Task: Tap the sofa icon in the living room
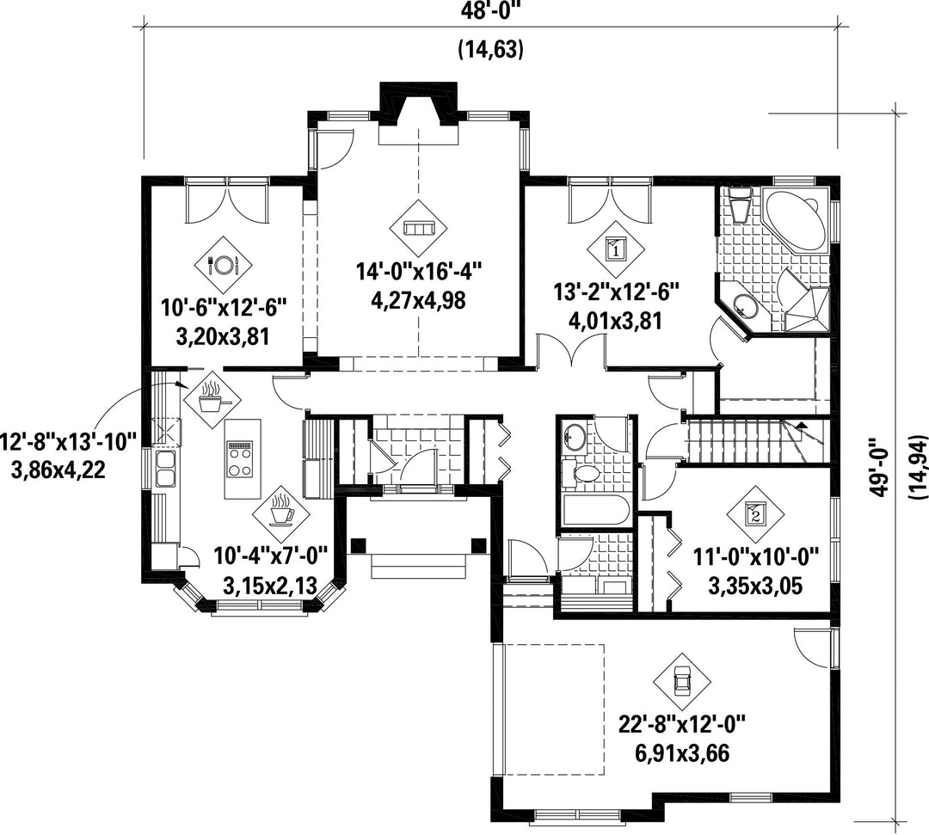[419, 228]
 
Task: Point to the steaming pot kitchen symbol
[212, 399]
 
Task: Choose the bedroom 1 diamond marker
[616, 249]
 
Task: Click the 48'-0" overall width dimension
[490, 11]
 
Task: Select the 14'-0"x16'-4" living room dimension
[419, 272]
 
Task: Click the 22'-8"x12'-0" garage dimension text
[681, 724]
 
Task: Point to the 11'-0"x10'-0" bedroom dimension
[756, 556]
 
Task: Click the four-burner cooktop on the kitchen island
[239, 459]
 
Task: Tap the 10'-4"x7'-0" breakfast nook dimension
[271, 556]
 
